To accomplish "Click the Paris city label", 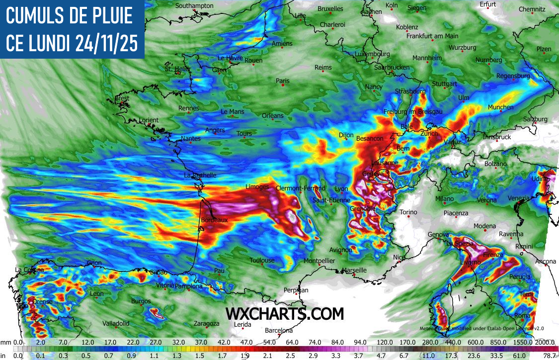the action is (x=282, y=81).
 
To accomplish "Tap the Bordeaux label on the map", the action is (x=214, y=219).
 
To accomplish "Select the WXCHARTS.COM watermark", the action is (x=285, y=314).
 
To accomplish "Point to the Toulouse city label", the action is (x=262, y=260).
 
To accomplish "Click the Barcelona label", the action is (x=279, y=330).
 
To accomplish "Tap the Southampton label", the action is (x=195, y=5).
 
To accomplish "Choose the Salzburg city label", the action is (x=535, y=119).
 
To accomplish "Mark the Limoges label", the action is (x=257, y=187).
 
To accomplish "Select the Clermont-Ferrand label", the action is (x=300, y=188).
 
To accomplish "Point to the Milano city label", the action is (x=444, y=199).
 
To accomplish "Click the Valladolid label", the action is (x=116, y=323).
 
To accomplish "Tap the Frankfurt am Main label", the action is (x=432, y=36).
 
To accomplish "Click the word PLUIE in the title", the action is (x=105, y=17).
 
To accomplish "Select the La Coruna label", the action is (x=29, y=270).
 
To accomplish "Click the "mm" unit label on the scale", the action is (x=5, y=342).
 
